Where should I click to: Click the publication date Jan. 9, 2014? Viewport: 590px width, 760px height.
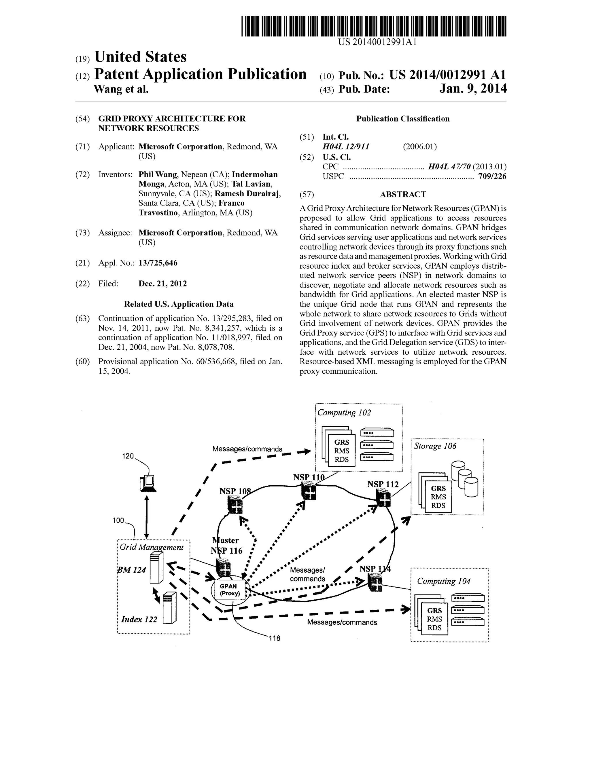coord(473,89)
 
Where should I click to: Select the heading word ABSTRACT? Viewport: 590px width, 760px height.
coord(403,195)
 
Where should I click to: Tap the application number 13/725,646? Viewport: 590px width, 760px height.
coord(158,263)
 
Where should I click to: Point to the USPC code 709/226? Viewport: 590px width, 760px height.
coord(492,176)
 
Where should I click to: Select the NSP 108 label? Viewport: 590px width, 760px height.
coord(235,491)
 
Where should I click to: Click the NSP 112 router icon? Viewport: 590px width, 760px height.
coord(383,498)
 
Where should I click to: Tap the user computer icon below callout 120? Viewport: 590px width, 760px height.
coord(148,483)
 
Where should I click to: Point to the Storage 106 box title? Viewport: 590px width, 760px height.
coord(435,446)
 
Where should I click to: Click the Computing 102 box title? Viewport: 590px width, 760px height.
coord(344,413)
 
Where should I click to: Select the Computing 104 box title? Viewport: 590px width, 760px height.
coord(443,581)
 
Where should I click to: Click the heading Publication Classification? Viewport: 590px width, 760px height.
coord(403,119)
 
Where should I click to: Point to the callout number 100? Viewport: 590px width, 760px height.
coord(118,520)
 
